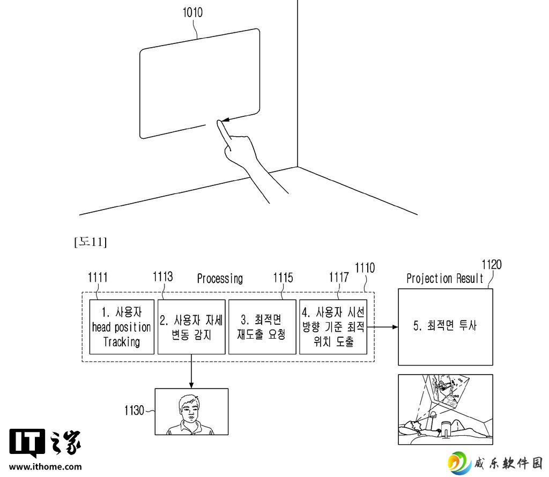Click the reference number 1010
pos(192,13)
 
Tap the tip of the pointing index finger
pos(219,122)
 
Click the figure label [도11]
pos(90,242)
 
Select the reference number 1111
pos(98,278)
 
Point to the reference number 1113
pos(163,277)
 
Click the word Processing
pos(220,279)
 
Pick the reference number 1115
pos(283,278)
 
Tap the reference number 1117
pos(339,278)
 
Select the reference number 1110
pos(365,268)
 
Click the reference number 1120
pos(492,265)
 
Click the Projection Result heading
pos(444,279)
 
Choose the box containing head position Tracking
pos(122,327)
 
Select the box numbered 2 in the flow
pos(191,327)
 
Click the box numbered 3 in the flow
pos(262,327)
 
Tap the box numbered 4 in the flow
pos(333,327)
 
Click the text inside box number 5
pos(444,326)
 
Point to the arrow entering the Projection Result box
pos(383,327)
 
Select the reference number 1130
pos(134,410)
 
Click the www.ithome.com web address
pos(45,466)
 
